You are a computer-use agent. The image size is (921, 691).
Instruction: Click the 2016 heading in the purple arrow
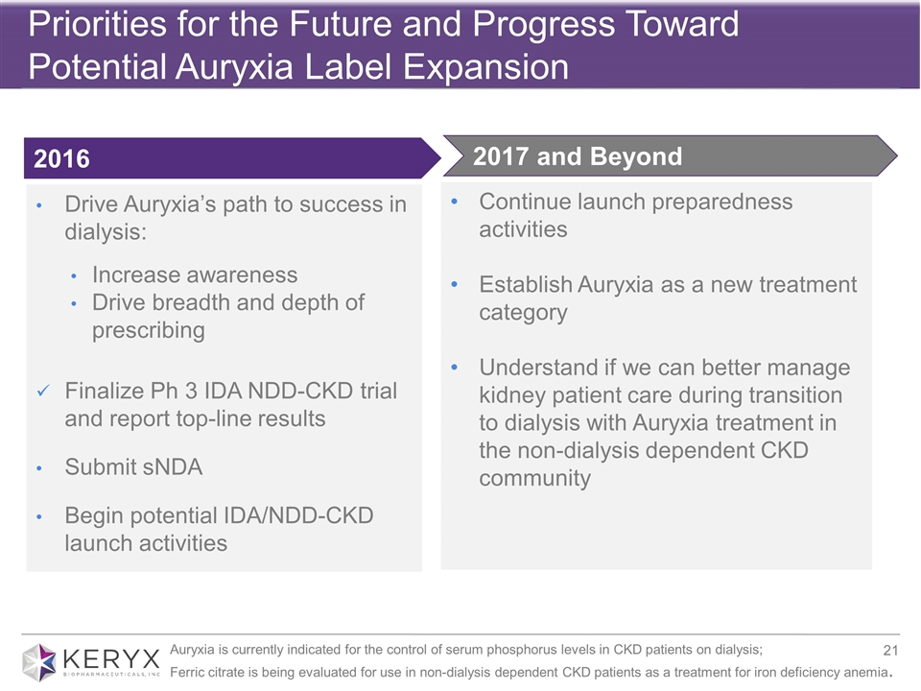tap(61, 158)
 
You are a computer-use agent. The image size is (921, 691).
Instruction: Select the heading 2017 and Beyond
tap(578, 156)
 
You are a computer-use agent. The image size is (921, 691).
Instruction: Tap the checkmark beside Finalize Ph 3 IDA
tap(43, 391)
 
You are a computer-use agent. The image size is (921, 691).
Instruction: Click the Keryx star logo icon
tap(39, 662)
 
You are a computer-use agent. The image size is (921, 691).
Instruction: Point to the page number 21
tap(890, 650)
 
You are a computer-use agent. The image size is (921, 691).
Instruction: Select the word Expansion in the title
tap(485, 66)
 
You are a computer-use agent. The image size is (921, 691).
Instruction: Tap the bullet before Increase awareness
tap(74, 275)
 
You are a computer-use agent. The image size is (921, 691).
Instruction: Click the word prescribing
tap(149, 331)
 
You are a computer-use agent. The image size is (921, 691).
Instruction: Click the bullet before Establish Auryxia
tap(454, 284)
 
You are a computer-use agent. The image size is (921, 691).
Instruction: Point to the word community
tap(534, 478)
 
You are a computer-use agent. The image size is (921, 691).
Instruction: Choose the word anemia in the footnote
tap(866, 672)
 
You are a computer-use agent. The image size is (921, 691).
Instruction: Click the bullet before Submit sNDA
tap(38, 468)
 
